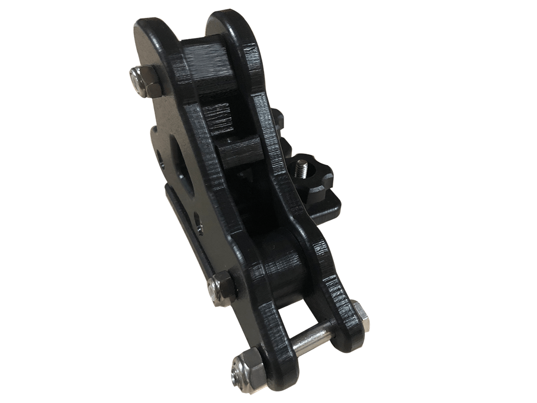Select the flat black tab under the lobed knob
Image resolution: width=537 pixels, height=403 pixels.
[x=332, y=205]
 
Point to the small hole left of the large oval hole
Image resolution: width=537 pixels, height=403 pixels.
[x=160, y=157]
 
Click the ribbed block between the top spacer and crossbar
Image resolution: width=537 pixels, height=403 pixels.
[x=215, y=117]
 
